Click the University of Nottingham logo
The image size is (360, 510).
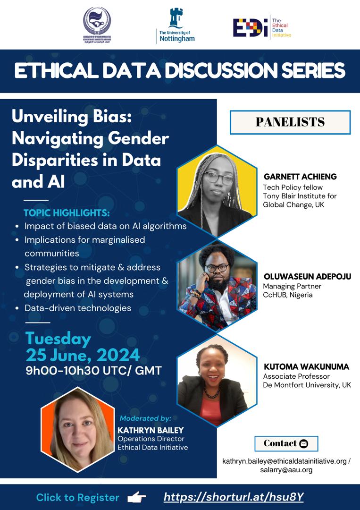[176, 26]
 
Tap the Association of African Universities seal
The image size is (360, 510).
[97, 25]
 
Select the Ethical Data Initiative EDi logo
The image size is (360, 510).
[262, 27]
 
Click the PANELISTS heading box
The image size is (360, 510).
[290, 122]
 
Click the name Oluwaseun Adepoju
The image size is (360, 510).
[307, 277]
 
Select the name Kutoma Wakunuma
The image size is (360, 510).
[306, 367]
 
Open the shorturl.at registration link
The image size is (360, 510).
[234, 497]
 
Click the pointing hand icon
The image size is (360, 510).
[137, 497]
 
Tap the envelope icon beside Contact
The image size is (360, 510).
[304, 443]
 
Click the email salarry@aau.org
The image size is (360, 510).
[286, 470]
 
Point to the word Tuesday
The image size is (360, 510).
[58, 339]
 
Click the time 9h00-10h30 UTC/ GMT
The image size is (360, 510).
[93, 370]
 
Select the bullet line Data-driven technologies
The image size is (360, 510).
[78, 308]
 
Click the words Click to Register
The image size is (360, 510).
[78, 497]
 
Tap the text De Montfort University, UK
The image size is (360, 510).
[307, 385]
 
